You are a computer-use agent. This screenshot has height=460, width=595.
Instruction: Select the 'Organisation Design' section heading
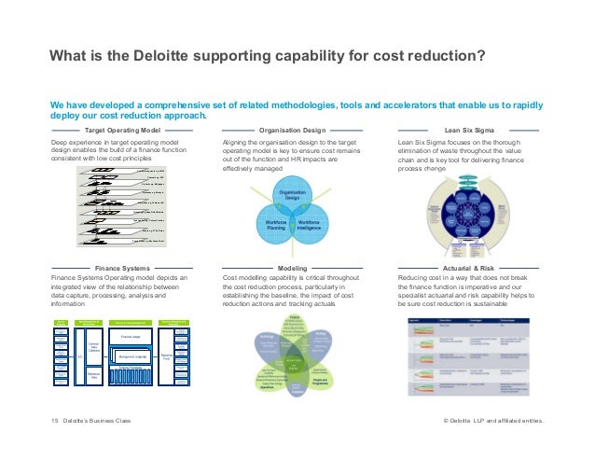292,130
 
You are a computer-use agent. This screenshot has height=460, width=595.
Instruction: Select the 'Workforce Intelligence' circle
314,226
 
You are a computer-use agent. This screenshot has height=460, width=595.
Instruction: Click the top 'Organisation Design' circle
292,193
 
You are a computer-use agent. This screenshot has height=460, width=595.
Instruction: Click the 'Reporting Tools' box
165,355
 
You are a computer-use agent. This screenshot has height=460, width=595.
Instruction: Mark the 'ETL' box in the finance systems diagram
80,356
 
